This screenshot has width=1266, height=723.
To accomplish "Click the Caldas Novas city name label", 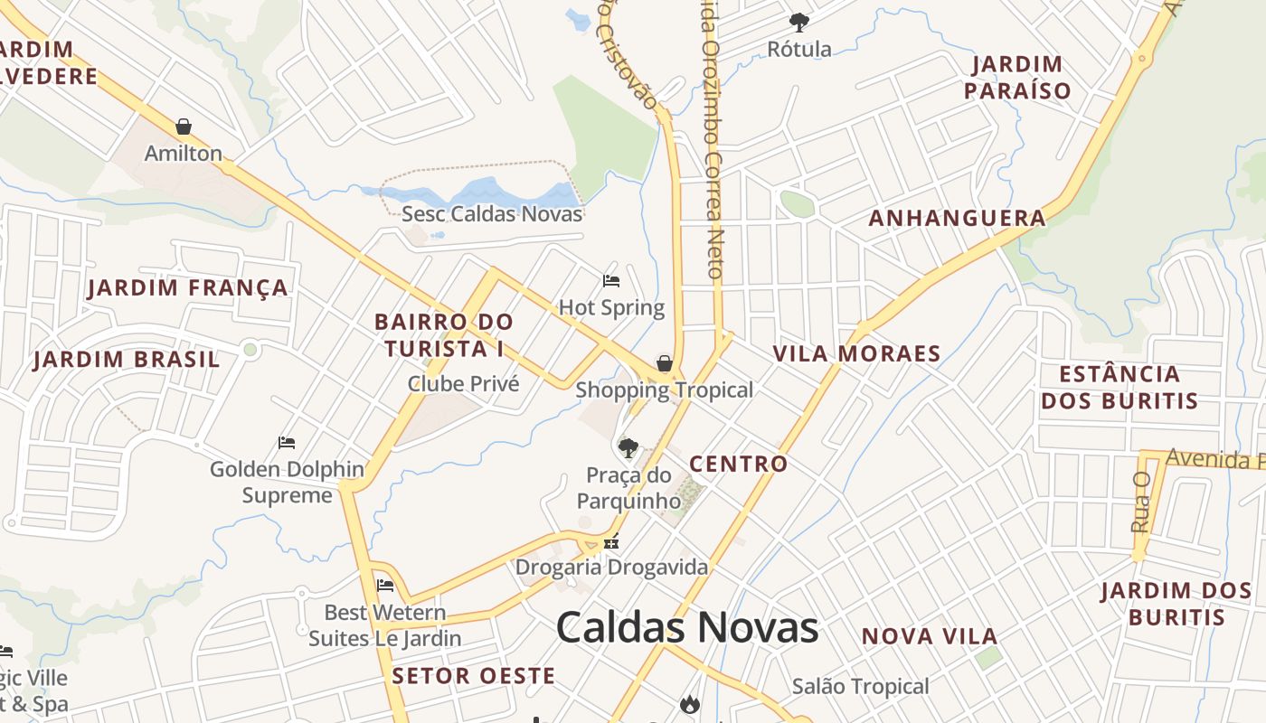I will (x=687, y=628).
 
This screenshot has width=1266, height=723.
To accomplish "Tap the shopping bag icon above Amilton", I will (x=184, y=127).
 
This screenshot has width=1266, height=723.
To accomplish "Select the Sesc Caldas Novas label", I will (x=492, y=214).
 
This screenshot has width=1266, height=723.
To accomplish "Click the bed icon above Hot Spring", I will (x=611, y=281).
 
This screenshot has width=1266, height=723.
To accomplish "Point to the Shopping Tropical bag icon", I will (x=665, y=363).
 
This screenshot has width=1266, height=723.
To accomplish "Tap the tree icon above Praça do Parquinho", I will (x=628, y=447).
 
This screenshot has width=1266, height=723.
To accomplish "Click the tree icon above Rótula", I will (x=798, y=23).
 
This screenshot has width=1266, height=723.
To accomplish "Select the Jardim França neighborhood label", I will (x=188, y=288).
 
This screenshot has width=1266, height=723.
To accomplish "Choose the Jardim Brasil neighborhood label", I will (x=127, y=359).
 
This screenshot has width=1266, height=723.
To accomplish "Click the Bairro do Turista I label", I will (x=444, y=335).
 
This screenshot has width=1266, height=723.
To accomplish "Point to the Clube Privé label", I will (x=464, y=383).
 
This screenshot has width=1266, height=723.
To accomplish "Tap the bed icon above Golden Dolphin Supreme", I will (x=287, y=443).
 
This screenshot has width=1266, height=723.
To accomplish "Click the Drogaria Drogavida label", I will (x=612, y=568).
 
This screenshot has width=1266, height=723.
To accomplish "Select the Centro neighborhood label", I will (x=739, y=464).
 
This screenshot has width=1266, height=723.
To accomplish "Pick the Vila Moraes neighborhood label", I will (x=856, y=353).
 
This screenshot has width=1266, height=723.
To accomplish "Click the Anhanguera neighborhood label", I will (x=958, y=218).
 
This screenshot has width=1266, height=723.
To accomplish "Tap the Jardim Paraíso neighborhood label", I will (x=1017, y=77).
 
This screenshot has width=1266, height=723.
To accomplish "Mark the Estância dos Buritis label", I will (x=1120, y=387).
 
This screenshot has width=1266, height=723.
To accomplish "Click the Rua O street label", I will (x=1141, y=502).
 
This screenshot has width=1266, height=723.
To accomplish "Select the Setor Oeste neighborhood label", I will (x=474, y=676).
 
